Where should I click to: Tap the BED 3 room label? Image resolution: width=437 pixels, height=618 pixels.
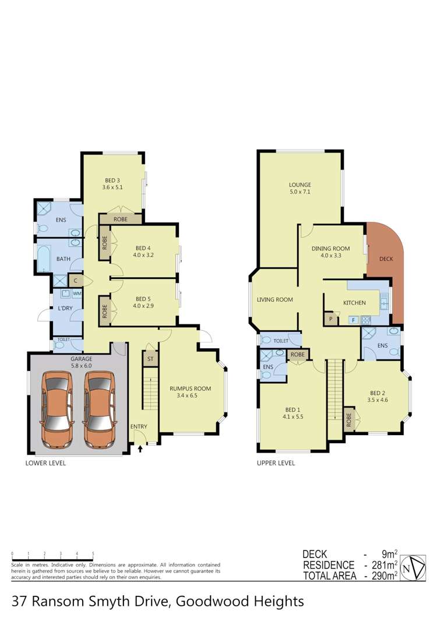(x=112, y=183)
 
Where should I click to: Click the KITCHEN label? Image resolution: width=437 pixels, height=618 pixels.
(x=354, y=303)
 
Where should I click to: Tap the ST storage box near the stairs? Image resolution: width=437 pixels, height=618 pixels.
(x=150, y=359)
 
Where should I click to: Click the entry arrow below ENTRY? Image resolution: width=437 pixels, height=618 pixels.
(x=140, y=449)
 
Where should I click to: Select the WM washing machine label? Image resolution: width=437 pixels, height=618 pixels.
(x=76, y=294)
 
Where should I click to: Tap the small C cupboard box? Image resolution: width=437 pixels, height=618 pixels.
(x=76, y=281)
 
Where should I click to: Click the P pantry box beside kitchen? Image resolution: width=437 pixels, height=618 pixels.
(x=331, y=319)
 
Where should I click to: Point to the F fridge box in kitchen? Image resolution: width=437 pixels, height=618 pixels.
(x=353, y=320)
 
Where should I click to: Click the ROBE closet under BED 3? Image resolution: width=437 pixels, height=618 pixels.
(x=121, y=219)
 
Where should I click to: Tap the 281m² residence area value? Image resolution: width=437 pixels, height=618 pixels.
(x=385, y=565)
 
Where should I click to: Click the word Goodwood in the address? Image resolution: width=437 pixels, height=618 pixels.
(x=220, y=601)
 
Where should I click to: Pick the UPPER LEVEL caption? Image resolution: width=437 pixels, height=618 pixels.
(x=276, y=464)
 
